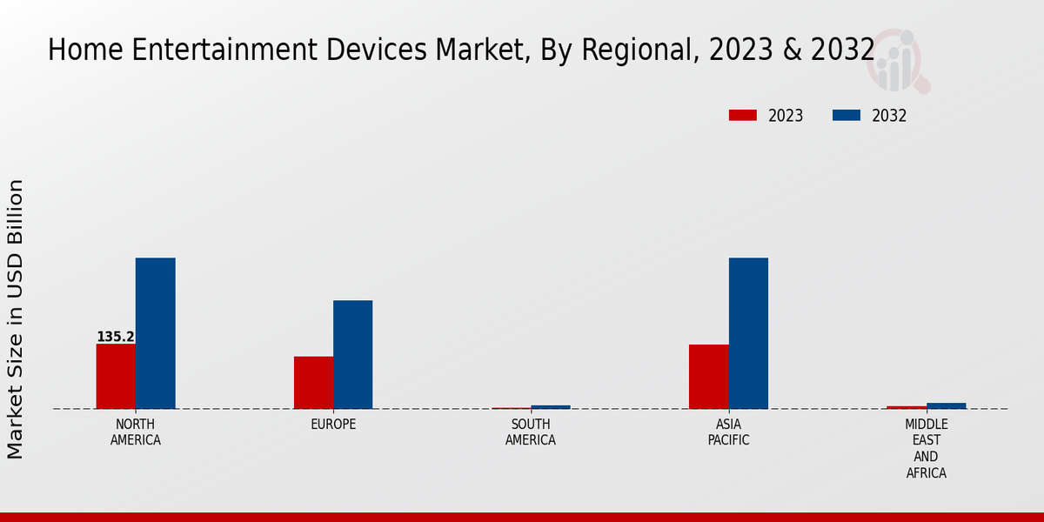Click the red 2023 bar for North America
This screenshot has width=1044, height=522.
coord(116,376)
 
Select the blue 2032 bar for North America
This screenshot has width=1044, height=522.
coord(155,333)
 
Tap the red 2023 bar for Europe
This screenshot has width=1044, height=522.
coord(313,382)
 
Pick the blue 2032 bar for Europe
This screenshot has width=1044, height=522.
coord(352,354)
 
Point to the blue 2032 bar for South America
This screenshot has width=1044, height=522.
coord(551,407)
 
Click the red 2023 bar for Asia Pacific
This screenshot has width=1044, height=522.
coord(708,377)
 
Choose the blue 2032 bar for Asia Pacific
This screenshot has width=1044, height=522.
coord(748,333)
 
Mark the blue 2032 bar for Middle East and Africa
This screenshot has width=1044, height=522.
coord(946,405)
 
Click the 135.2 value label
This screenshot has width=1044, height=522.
coord(115,337)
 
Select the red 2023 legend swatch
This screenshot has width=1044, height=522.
coord(742,116)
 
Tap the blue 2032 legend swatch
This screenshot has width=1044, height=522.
coord(847,116)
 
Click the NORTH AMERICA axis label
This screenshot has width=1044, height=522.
coord(136,432)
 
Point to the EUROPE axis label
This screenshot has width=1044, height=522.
coord(333,425)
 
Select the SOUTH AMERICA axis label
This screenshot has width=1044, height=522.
coord(531,432)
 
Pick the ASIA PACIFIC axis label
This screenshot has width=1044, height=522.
coord(728,432)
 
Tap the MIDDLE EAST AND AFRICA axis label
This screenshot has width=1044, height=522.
coord(926,449)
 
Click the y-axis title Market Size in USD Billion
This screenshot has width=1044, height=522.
coord(16,318)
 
